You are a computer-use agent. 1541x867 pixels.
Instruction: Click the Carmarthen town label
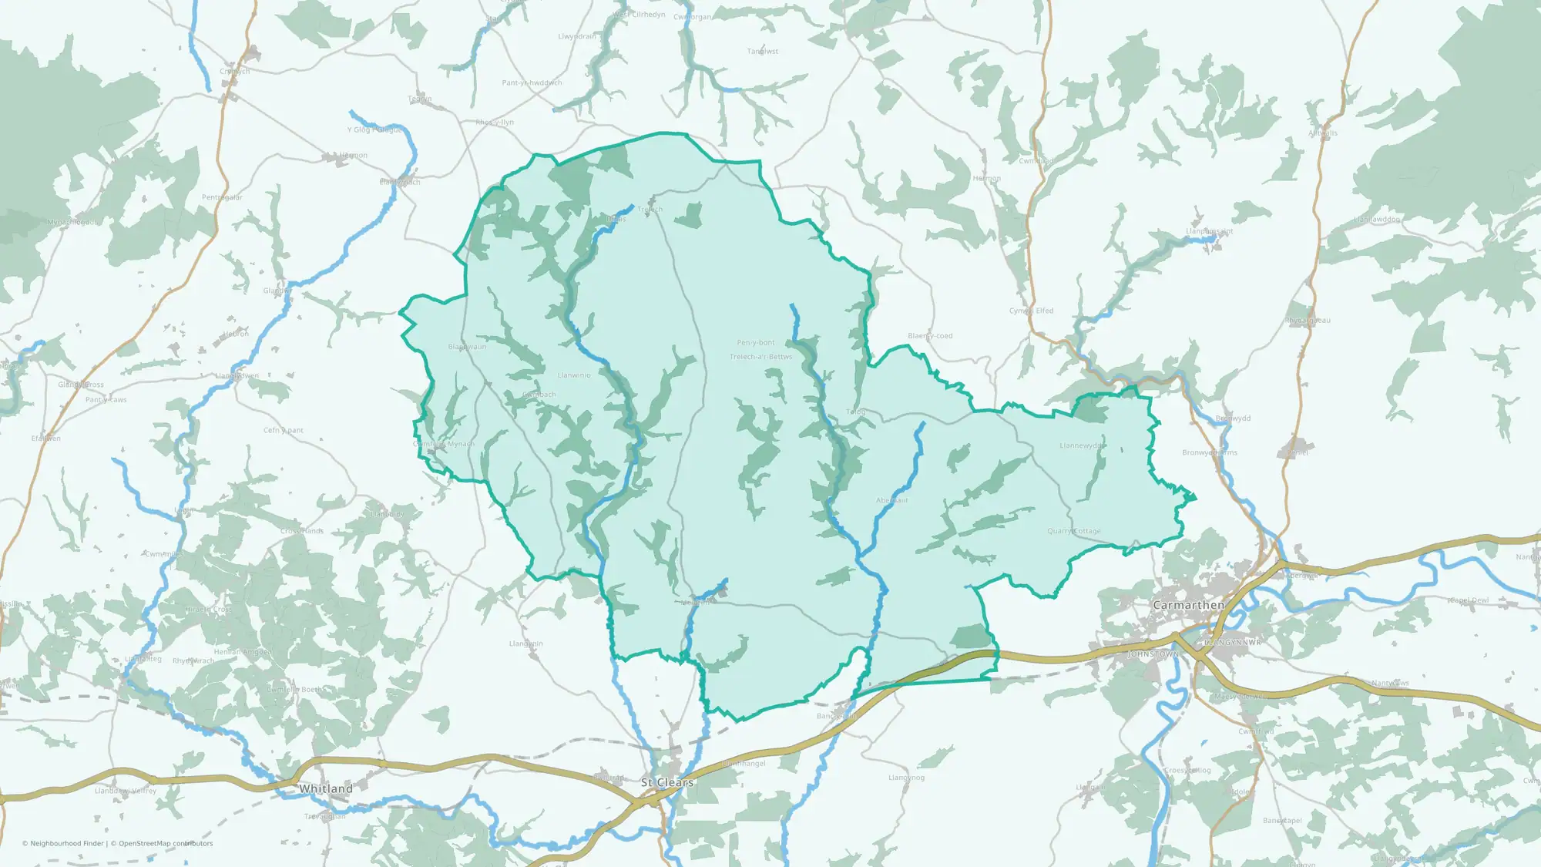coord(1188,605)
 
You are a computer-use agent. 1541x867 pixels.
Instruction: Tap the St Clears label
coord(667,782)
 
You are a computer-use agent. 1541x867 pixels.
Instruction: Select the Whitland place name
coord(325,788)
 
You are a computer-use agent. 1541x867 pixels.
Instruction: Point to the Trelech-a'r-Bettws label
coord(760,357)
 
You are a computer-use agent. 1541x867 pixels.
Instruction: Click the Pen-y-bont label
coord(756,343)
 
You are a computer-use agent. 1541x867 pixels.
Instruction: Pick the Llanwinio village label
coord(574,375)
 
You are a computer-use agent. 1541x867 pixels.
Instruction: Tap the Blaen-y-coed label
coord(930,336)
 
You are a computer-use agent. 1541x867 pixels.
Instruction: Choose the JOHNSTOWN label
coord(1153,654)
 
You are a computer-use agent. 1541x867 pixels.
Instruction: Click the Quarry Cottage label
coord(1074,531)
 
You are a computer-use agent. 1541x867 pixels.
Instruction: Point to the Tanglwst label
coord(763,52)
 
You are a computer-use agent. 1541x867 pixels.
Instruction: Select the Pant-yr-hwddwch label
coord(532,83)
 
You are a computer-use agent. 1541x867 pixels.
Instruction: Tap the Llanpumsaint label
coord(1209,231)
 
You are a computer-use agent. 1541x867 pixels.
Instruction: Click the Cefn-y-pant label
coord(284,430)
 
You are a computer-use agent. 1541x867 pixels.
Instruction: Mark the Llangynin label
coord(526,644)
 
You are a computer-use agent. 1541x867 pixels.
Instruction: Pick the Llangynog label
coord(906,778)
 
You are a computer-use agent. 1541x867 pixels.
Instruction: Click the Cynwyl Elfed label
coord(1031,311)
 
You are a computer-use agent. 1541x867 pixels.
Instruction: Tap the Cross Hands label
coord(302,531)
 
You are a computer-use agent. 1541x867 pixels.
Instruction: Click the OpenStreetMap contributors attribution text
coord(166,843)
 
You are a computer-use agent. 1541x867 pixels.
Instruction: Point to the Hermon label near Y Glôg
coord(354,156)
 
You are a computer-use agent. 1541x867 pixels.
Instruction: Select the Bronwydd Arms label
coord(1210,452)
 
